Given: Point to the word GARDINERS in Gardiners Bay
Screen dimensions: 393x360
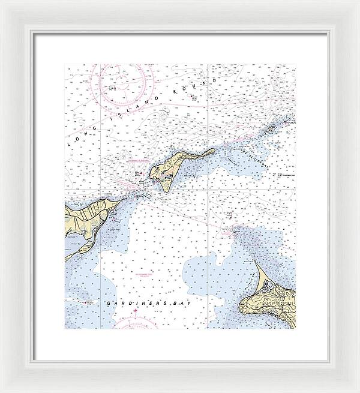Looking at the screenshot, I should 133,304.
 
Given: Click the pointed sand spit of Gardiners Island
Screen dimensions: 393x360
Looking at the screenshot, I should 254,262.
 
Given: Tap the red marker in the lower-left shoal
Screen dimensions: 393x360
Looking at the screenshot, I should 89,302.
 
